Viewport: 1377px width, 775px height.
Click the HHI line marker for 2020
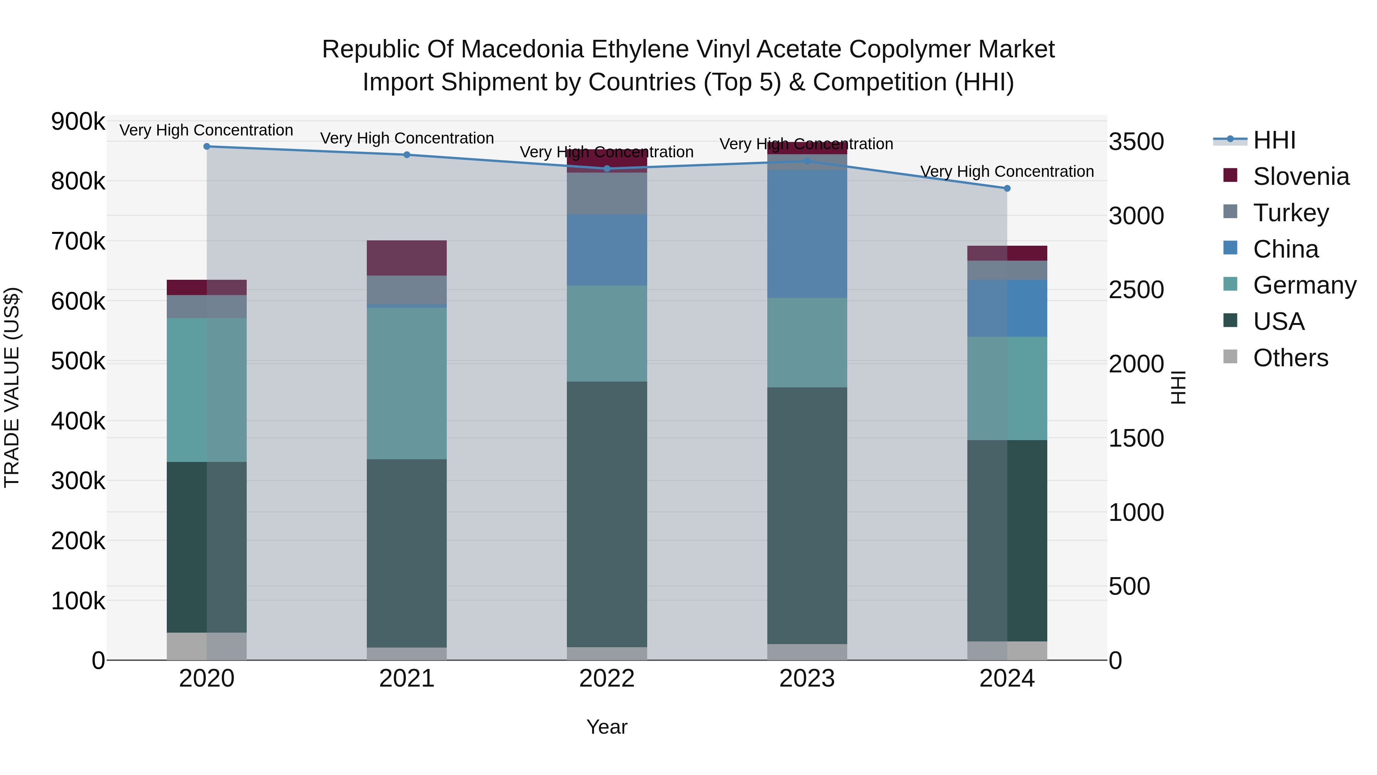click(207, 147)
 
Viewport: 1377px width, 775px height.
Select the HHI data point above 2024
click(1007, 188)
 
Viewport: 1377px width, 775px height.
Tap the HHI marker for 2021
click(407, 155)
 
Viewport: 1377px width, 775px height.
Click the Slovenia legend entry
click(1300, 176)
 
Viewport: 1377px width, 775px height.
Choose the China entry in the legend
click(1285, 249)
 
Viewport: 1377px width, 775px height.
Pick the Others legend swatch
click(1230, 357)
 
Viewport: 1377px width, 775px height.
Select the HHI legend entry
click(1274, 140)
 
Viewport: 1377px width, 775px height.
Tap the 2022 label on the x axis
click(607, 679)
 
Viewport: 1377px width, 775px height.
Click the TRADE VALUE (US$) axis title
click(12, 387)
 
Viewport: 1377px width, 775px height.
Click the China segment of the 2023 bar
click(807, 234)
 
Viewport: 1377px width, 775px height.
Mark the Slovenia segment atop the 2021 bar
click(407, 258)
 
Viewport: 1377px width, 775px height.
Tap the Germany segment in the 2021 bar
click(407, 383)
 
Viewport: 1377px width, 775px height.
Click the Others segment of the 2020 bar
click(207, 646)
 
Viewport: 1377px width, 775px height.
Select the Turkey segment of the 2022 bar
click(607, 194)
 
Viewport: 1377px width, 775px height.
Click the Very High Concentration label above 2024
click(1007, 172)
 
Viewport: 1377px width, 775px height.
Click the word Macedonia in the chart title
click(515, 50)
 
